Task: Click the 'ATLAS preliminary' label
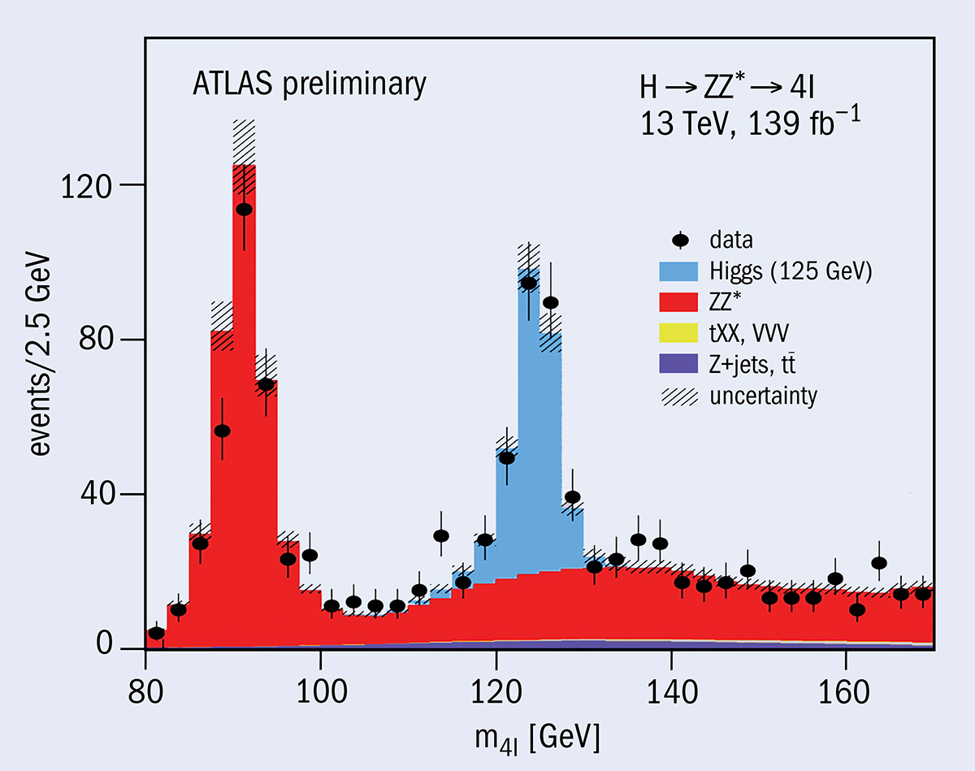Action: coord(309,84)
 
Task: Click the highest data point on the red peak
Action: coord(244,209)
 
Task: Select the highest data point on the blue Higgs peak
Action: coord(529,283)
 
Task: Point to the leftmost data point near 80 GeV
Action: coord(156,633)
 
